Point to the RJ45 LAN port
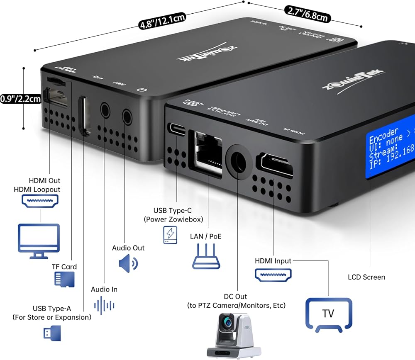205,151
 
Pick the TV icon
328,314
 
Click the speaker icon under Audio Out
128,263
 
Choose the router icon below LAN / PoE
206,258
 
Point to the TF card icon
64,280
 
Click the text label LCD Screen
366,277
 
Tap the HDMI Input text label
273,261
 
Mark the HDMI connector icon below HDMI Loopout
40,200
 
